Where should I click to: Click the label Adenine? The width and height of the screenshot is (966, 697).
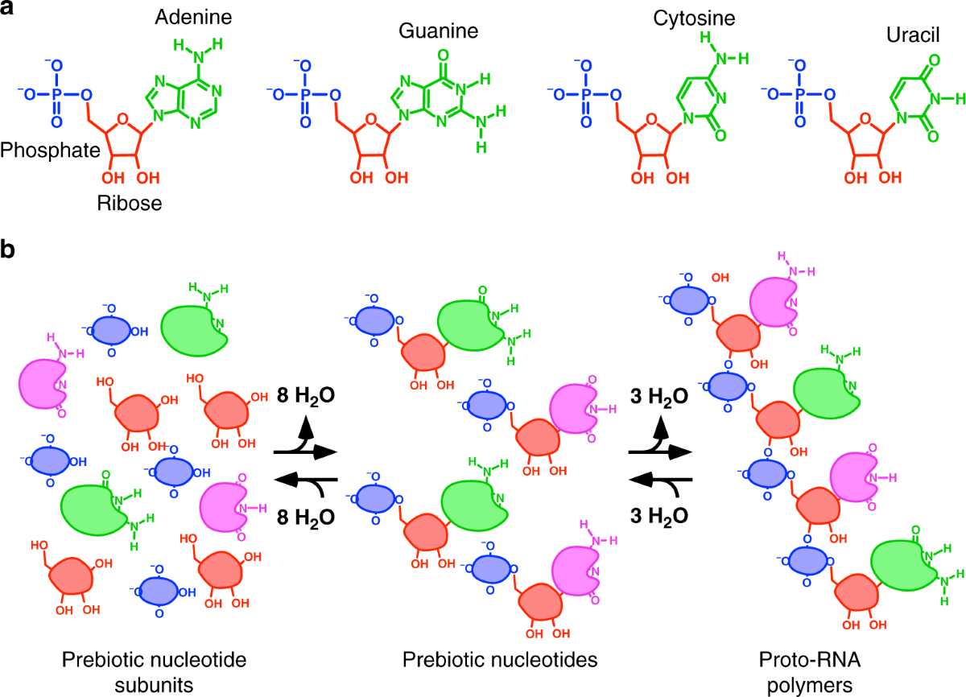coord(190,16)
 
